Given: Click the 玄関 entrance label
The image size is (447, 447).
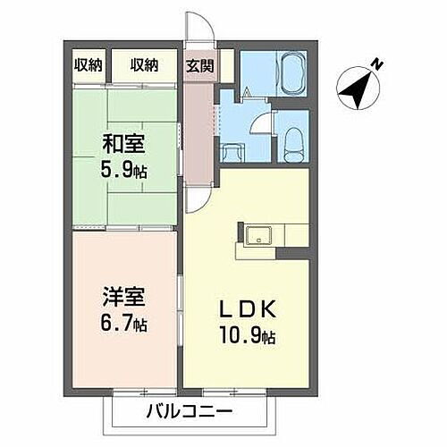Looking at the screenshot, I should [x=199, y=64].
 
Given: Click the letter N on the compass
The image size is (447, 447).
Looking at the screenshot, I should [x=377, y=64].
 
